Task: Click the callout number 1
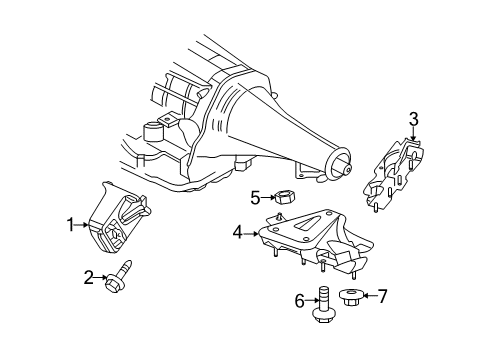pyautogui.click(x=71, y=226)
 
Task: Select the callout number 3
pyautogui.click(x=413, y=121)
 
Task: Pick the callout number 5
pyautogui.click(x=255, y=197)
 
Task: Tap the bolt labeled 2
pyautogui.click(x=120, y=273)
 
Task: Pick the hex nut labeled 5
pyautogui.click(x=283, y=197)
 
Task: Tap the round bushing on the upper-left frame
pyautogui.click(x=154, y=134)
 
